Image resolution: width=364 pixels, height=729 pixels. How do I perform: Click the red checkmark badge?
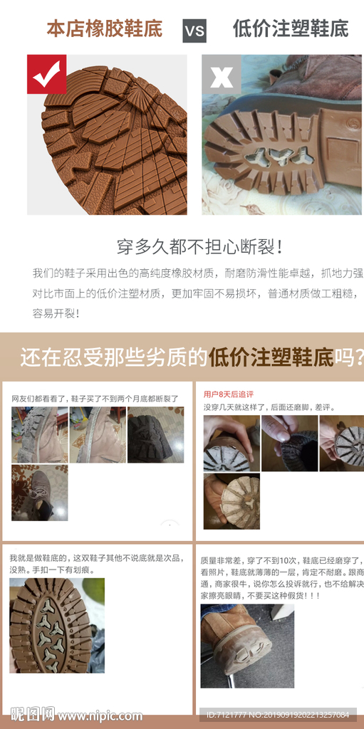pyautogui.click(x=46, y=74)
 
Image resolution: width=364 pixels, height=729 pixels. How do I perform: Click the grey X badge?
pyautogui.click(x=221, y=74)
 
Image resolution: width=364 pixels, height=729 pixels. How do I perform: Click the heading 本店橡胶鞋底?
pyautogui.click(x=104, y=29)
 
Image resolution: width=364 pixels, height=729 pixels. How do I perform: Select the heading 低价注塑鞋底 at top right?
pyautogui.click(x=291, y=29)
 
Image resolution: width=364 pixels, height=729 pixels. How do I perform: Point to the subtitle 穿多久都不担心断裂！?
pyautogui.click(x=201, y=247)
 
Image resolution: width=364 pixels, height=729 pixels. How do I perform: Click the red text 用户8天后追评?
pyautogui.click(x=229, y=394)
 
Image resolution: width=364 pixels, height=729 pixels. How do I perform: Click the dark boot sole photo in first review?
pyautogui.click(x=155, y=435)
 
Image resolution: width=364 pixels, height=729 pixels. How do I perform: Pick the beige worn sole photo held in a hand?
pyautogui.click(x=232, y=501)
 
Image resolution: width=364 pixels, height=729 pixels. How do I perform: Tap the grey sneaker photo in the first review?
pyautogui.click(x=39, y=493)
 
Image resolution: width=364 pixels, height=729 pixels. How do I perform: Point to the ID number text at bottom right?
pyautogui.click(x=278, y=715)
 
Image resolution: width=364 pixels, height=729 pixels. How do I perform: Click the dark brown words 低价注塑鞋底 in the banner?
pyautogui.click(x=271, y=357)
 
